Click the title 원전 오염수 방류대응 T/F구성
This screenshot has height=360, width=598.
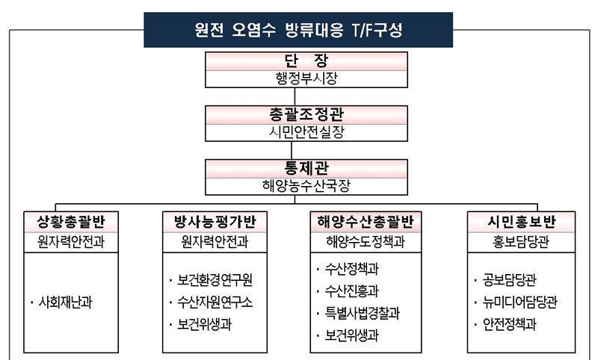(x=298, y=30)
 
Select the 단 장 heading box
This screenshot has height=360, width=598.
(x=306, y=61)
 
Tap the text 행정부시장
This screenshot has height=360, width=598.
(x=306, y=79)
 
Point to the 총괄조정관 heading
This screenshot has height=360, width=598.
(x=306, y=114)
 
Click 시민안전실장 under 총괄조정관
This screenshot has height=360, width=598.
(x=306, y=132)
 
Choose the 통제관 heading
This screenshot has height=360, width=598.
(x=306, y=168)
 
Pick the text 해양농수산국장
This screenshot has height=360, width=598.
(x=306, y=186)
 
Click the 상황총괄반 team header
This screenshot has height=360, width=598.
(x=71, y=222)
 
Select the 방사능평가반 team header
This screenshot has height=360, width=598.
(x=215, y=222)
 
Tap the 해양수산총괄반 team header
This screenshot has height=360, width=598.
(x=366, y=222)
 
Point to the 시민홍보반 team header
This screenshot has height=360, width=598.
(x=521, y=222)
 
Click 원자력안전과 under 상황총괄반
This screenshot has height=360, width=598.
(x=71, y=241)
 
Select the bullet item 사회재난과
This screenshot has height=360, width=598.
(x=65, y=302)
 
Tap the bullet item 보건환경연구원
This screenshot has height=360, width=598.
(x=215, y=280)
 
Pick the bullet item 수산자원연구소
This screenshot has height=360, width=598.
(x=215, y=302)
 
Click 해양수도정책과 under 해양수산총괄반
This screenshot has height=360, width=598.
(x=366, y=241)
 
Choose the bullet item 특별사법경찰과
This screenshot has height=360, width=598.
(x=362, y=314)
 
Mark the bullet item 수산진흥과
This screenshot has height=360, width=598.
(x=351, y=291)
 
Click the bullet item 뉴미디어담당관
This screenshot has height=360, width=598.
(x=520, y=302)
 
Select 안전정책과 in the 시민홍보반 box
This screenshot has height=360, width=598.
(x=509, y=325)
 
